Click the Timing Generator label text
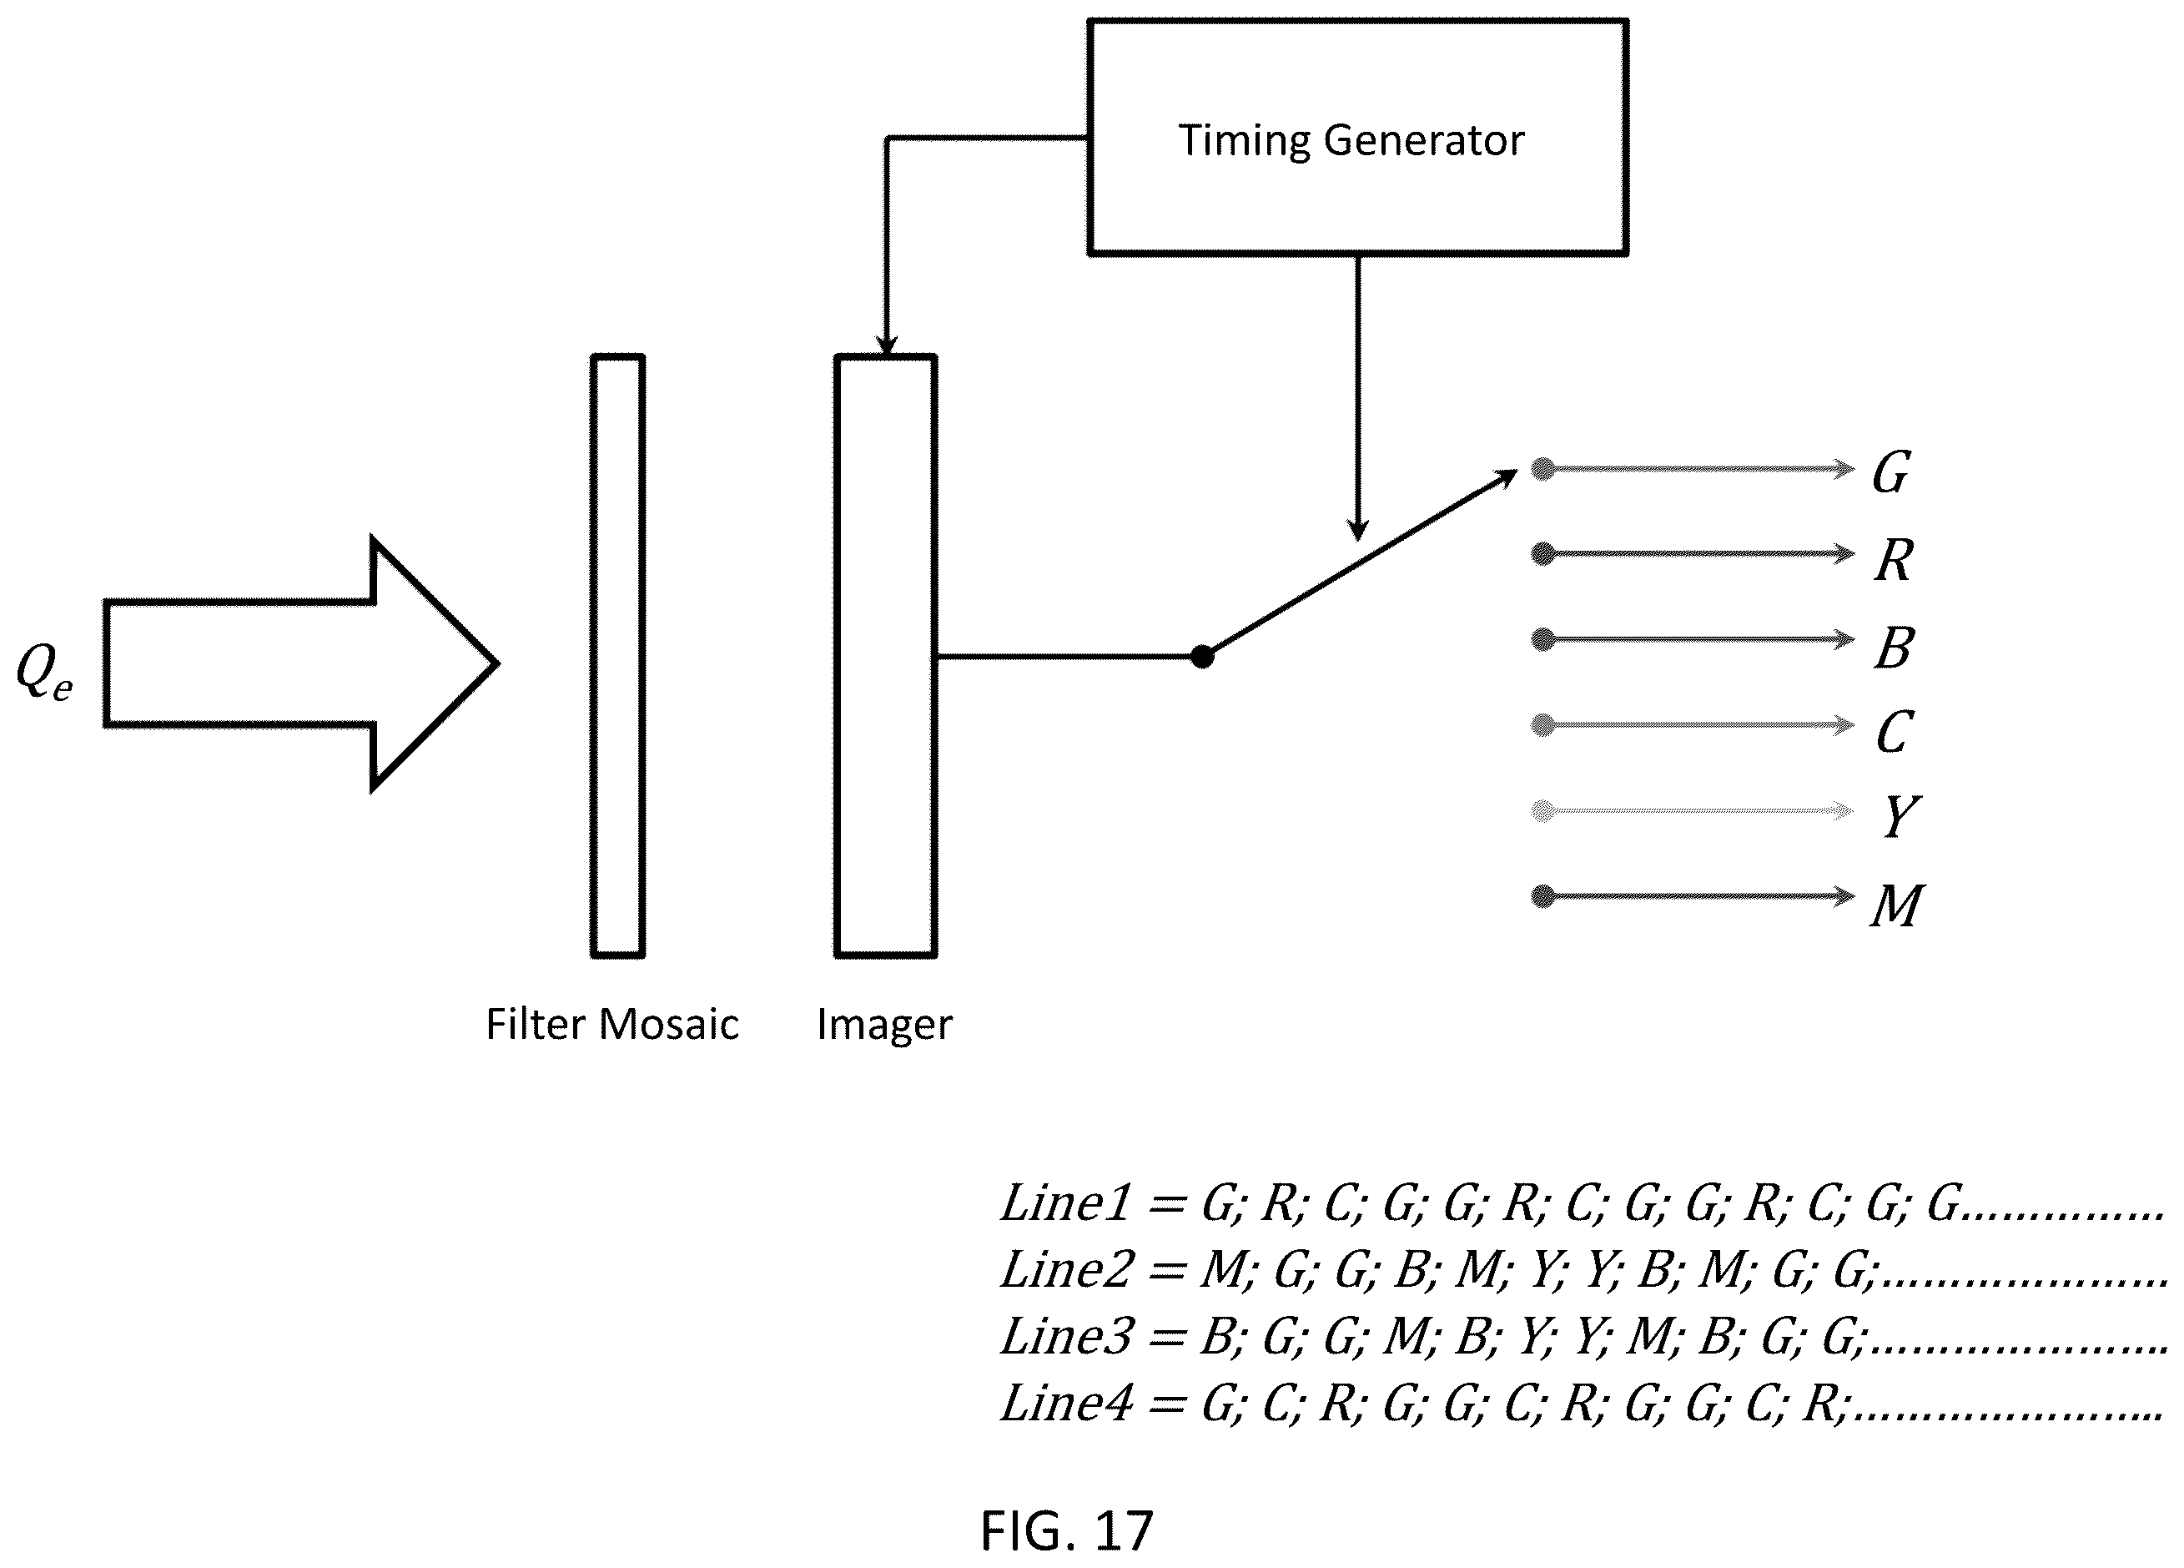pos(1351,141)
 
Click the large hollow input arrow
pos(300,663)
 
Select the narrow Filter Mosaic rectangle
pos(617,656)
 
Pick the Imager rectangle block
pos(885,656)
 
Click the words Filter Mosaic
pos(612,1024)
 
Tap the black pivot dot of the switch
pos(1202,657)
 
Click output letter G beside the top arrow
pos(1891,473)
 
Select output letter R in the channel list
pos(1893,560)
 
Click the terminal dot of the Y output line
pos(1542,811)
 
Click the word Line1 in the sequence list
pos(1065,1203)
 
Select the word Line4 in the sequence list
pos(1065,1404)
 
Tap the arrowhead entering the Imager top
pos(886,345)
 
